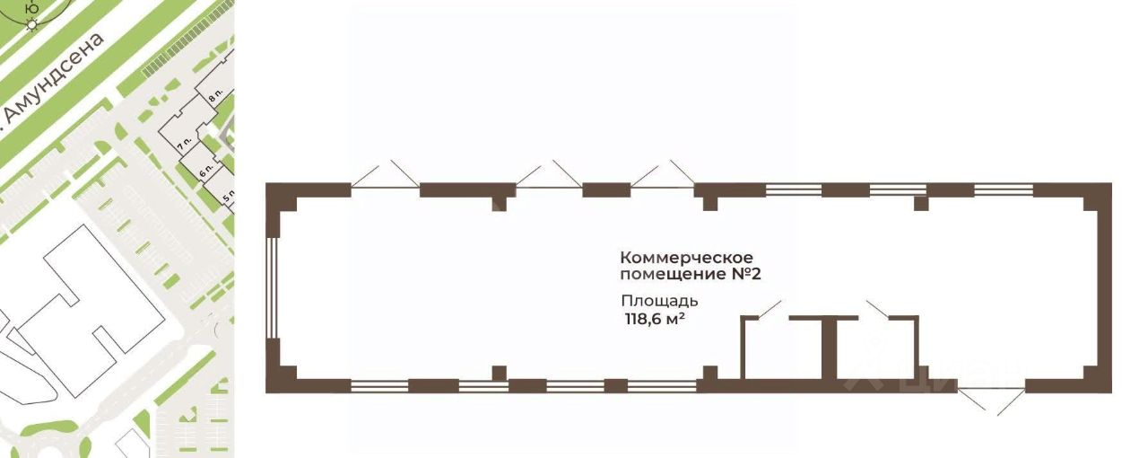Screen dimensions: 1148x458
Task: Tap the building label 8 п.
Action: pyautogui.click(x=215, y=90)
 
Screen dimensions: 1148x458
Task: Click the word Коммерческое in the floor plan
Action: pyautogui.click(x=686, y=259)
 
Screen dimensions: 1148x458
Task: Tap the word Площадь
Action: pyautogui.click(x=659, y=301)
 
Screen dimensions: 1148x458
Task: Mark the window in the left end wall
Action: pyautogui.click(x=272, y=287)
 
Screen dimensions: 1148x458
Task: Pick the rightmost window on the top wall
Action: pyautogui.click(x=1004, y=189)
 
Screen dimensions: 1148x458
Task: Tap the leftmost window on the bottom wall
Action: pyautogui.click(x=378, y=386)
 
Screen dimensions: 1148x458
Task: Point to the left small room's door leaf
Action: pyautogui.click(x=770, y=310)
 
